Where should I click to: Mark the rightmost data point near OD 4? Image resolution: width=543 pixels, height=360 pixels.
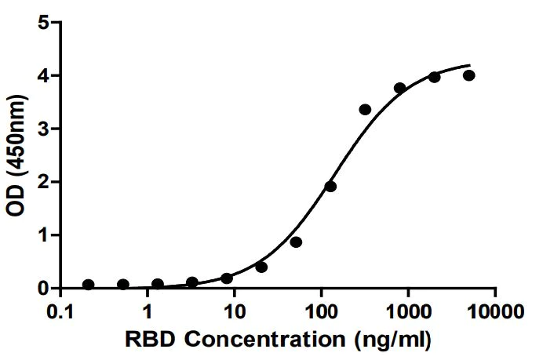point(469,75)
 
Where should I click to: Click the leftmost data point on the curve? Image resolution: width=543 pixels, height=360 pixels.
point(89,285)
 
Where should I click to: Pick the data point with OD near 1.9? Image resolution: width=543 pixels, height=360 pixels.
point(330,187)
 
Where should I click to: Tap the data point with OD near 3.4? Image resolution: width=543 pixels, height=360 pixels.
point(365,110)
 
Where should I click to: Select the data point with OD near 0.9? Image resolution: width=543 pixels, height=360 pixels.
point(296,242)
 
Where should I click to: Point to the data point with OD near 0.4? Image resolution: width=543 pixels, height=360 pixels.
point(261,267)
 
